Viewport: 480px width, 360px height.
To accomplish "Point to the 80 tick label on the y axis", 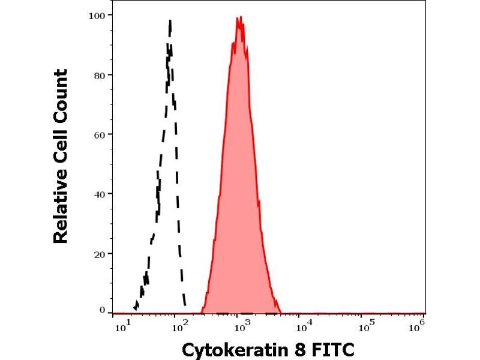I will tap(101, 75).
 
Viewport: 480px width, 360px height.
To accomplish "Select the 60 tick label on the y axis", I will tap(101, 134).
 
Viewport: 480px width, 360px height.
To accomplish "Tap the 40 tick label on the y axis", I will tap(101, 194).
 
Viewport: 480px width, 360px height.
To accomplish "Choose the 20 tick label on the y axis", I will tap(101, 254).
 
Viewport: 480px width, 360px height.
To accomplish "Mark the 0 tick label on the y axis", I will tap(103, 310).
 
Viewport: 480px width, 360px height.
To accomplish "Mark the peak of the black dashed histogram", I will tap(170, 22).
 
